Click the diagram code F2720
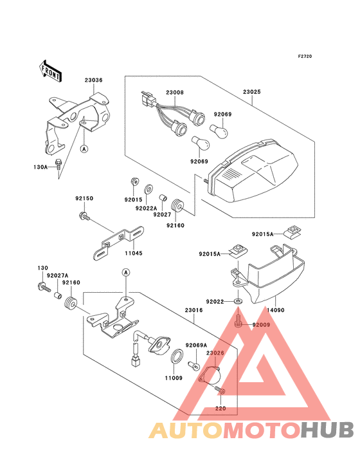(305, 57)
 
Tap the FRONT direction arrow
(51, 70)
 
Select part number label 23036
(93, 80)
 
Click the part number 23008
(175, 93)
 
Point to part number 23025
(251, 93)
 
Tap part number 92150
(84, 199)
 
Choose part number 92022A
(146, 208)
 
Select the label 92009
(262, 326)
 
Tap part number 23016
(194, 310)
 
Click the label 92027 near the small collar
(162, 215)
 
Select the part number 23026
(215, 353)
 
